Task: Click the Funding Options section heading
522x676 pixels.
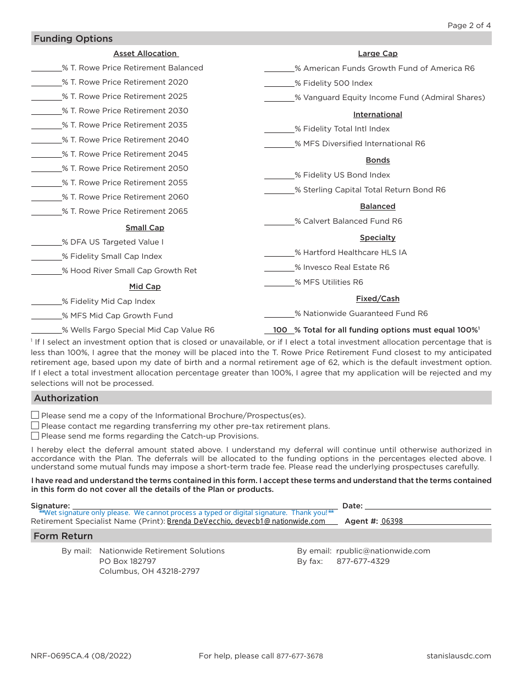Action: pyautogui.click(x=73, y=38)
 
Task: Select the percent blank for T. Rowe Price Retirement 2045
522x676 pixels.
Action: pyautogui.click(x=46, y=154)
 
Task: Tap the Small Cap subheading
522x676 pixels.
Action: pyautogui.click(x=145, y=228)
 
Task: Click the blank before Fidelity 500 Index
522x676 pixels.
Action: pyautogui.click(x=279, y=83)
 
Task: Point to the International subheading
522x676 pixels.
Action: pyautogui.click(x=377, y=114)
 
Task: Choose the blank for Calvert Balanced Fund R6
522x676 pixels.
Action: pyautogui.click(x=279, y=221)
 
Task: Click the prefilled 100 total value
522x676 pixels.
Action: pyautogui.click(x=280, y=330)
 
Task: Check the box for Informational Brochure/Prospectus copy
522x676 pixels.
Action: pyautogui.click(x=35, y=415)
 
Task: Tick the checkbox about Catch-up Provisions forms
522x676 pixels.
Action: pyautogui.click(x=35, y=436)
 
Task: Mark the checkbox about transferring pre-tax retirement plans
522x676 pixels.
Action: pyautogui.click(x=35, y=425)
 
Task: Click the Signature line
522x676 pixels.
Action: pyautogui.click(x=204, y=506)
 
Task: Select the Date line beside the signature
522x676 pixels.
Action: pyautogui.click(x=427, y=506)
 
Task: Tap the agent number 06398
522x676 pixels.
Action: pyautogui.click(x=392, y=521)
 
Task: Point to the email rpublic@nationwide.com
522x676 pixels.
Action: pyautogui.click(x=383, y=551)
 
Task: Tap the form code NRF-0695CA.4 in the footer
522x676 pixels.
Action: pyautogui.click(x=81, y=656)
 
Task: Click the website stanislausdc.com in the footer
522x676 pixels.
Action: pyautogui.click(x=458, y=656)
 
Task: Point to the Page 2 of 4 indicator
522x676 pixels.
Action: pyautogui.click(x=469, y=25)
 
